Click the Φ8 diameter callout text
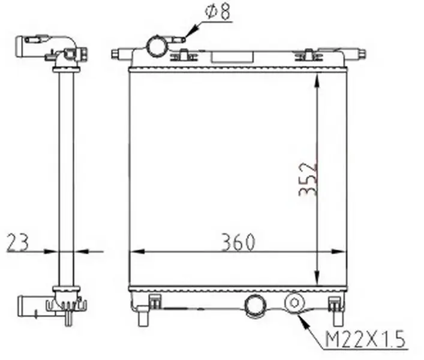[218, 11]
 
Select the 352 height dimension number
[308, 179]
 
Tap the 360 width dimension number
[238, 242]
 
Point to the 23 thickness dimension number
[17, 242]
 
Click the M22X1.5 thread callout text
[366, 339]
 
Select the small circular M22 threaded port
[294, 302]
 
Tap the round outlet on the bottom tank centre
[255, 305]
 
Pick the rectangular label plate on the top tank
[232, 56]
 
